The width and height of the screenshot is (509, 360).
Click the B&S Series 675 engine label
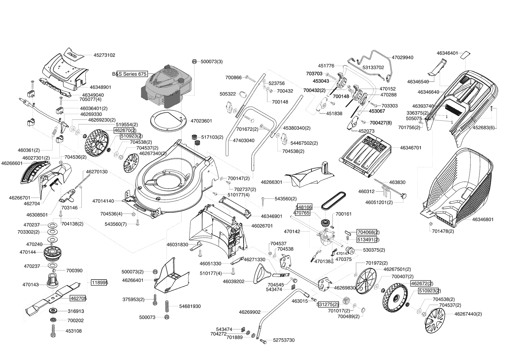click(132, 74)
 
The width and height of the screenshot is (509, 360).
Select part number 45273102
click(104, 55)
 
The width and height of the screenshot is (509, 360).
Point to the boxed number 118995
click(99, 282)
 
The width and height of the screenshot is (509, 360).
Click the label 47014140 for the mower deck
click(103, 201)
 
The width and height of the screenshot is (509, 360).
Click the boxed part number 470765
click(302, 213)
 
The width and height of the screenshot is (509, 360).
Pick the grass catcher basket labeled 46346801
click(459, 186)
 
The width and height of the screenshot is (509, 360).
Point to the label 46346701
click(411, 148)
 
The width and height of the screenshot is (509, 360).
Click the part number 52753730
click(284, 340)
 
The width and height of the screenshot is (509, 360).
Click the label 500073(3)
click(212, 62)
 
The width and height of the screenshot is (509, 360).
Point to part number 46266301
click(271, 182)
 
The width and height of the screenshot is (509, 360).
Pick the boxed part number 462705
click(78, 298)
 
